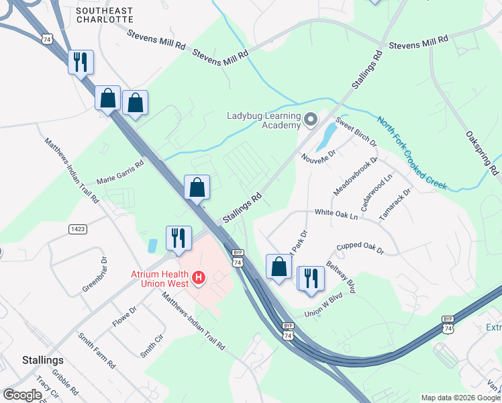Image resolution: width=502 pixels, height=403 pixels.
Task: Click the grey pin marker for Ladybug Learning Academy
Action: point(310,120)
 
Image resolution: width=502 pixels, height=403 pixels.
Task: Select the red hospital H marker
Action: point(198,277)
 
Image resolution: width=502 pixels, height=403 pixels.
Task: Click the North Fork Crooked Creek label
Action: point(411,152)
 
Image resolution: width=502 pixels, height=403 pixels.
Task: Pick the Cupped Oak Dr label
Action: point(360,249)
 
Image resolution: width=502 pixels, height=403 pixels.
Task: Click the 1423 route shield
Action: point(78,229)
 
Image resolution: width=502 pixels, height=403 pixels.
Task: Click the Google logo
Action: point(22,396)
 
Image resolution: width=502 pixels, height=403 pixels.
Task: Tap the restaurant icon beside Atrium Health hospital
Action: point(178,238)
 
